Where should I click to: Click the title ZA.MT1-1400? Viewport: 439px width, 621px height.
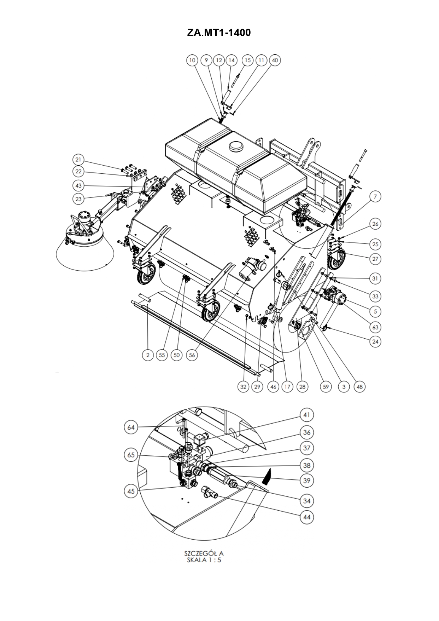219,33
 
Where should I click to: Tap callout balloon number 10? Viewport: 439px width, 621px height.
192,60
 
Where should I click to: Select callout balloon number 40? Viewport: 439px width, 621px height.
275,60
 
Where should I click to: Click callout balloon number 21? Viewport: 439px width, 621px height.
78,159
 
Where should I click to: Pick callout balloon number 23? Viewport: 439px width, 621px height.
78,199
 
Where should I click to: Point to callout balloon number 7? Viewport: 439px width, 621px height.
375,196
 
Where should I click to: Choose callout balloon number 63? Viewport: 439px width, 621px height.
375,327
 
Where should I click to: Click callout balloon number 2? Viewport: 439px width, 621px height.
148,355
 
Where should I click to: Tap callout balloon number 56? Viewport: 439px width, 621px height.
192,355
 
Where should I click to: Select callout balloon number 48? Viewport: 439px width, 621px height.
360,386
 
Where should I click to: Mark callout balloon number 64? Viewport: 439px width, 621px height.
131,427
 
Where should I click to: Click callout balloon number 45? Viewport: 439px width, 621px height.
131,491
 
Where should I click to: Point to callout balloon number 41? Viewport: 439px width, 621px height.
306,415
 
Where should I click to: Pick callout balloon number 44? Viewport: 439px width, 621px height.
306,517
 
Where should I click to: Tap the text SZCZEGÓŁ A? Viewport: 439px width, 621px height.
204,553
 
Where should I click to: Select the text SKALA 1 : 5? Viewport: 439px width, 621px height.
204,560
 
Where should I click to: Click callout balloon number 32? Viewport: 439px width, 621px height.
243,386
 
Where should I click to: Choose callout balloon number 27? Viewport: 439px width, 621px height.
375,259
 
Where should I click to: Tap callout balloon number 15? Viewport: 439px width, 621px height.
248,60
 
